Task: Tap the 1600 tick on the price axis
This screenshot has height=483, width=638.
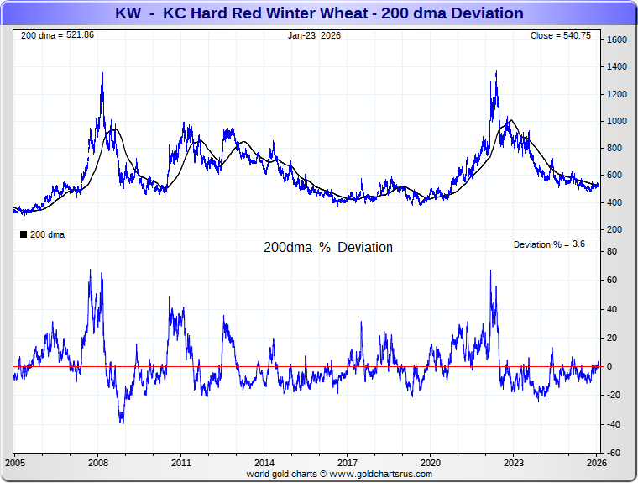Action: pos(618,40)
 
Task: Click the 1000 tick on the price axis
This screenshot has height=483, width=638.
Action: pos(618,121)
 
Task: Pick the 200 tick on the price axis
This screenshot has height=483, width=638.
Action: pos(615,229)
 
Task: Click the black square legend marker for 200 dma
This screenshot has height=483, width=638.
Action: pos(24,234)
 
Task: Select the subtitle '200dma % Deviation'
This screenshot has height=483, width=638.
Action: pos(328,248)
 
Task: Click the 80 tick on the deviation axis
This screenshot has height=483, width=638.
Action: pos(613,251)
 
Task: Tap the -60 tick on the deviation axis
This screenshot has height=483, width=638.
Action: pos(614,453)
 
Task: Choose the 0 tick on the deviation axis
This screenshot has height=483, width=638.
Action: pos(610,366)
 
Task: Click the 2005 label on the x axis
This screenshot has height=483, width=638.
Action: pos(16,463)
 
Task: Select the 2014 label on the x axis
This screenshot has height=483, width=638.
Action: pos(264,463)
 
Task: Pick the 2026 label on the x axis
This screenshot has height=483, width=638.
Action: pos(595,463)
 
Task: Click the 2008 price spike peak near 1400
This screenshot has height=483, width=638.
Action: pos(102,69)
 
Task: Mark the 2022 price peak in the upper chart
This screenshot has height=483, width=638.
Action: pos(496,71)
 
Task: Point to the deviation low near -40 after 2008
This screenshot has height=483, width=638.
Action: pos(122,422)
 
